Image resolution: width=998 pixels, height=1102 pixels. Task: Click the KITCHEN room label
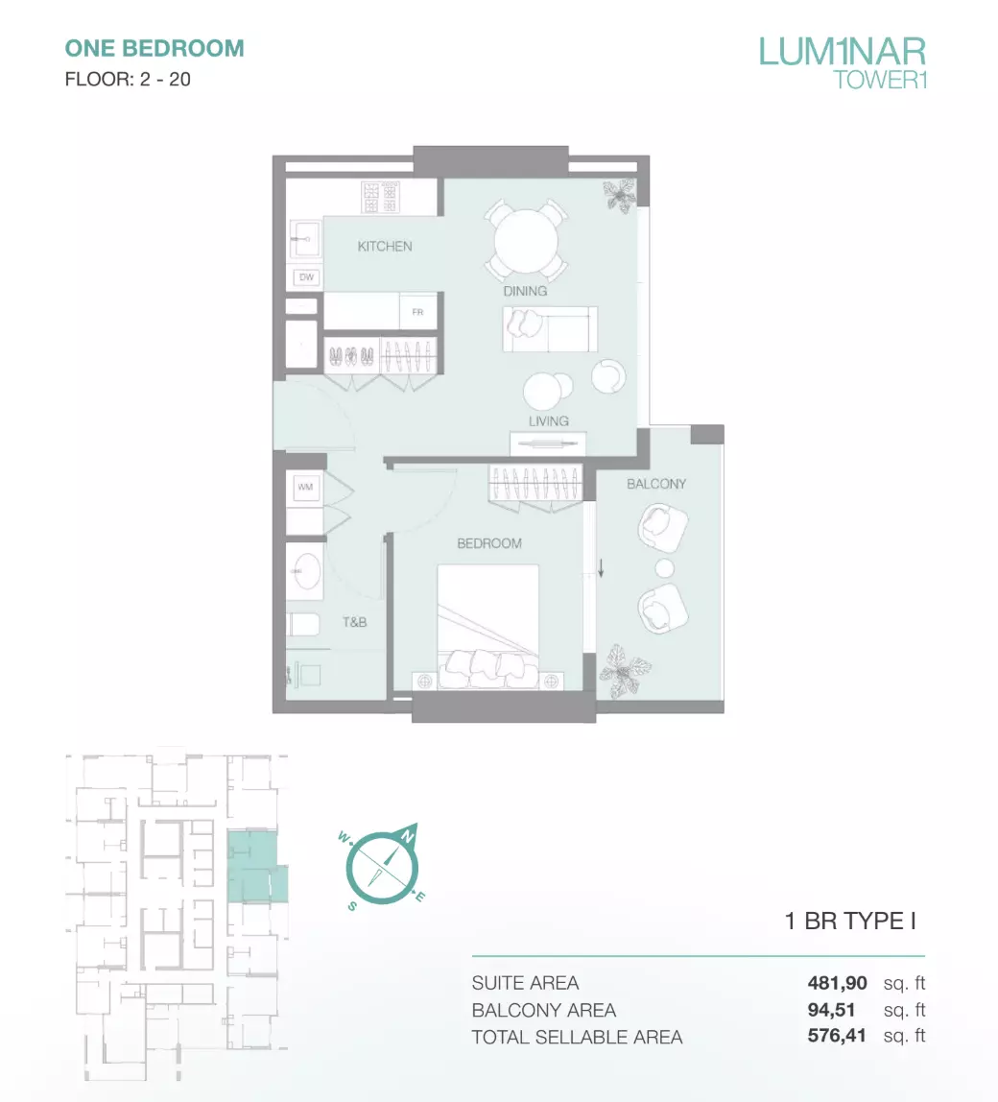[x=385, y=246]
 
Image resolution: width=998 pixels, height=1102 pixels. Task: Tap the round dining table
[x=526, y=241]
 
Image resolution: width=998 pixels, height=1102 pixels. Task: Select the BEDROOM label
[x=489, y=543]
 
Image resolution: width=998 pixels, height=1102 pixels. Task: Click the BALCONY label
[x=656, y=484]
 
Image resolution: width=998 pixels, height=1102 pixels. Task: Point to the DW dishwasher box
[x=306, y=277]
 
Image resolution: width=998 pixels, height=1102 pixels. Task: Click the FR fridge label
[x=417, y=312]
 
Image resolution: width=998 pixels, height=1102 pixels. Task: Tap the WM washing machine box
[x=305, y=487]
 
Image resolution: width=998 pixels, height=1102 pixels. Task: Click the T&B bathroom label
[x=354, y=622]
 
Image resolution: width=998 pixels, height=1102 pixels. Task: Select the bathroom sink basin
[x=306, y=571]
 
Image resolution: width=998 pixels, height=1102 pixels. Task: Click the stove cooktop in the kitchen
[x=379, y=197]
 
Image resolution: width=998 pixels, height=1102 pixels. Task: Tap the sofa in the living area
[x=550, y=329]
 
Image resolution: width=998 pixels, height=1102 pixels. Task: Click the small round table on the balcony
[x=664, y=568]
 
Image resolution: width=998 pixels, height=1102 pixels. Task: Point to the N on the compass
[x=407, y=836]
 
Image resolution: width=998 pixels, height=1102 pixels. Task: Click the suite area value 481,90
[x=837, y=983]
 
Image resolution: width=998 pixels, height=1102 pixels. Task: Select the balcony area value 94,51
[x=831, y=1010]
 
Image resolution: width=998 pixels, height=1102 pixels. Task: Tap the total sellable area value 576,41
[x=837, y=1036]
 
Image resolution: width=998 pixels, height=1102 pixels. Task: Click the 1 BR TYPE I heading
[x=849, y=921]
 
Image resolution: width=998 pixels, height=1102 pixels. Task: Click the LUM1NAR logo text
[x=842, y=52]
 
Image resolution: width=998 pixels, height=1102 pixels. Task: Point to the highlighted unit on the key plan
[x=257, y=866]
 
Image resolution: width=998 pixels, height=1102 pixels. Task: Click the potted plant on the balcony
[x=623, y=672]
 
